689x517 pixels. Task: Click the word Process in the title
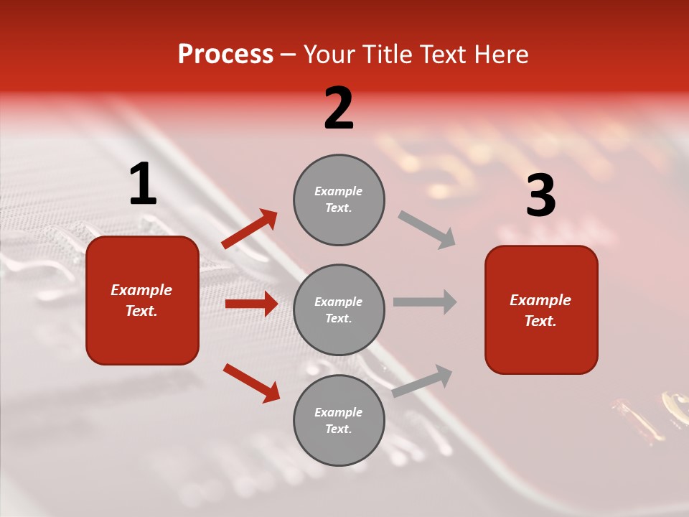[x=225, y=55]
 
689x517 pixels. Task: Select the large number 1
[x=143, y=185]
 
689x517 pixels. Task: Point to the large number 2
[x=339, y=108]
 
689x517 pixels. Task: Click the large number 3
[x=540, y=196]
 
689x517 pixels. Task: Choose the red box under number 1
[x=142, y=300]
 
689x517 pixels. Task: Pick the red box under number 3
[x=541, y=309]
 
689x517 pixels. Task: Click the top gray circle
[x=339, y=200]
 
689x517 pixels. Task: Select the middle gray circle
[x=339, y=309]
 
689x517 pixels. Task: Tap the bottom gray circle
[x=339, y=420]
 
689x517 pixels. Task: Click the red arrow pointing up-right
[x=250, y=228]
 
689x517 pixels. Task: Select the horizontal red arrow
[x=251, y=304]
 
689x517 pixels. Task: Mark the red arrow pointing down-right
[x=251, y=383]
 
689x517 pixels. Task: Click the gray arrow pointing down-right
[x=426, y=229]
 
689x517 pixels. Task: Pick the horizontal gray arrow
[x=425, y=302]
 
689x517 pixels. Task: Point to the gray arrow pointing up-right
[x=423, y=381]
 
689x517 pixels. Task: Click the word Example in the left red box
[x=141, y=290]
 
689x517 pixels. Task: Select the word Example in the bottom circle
[x=338, y=412]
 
